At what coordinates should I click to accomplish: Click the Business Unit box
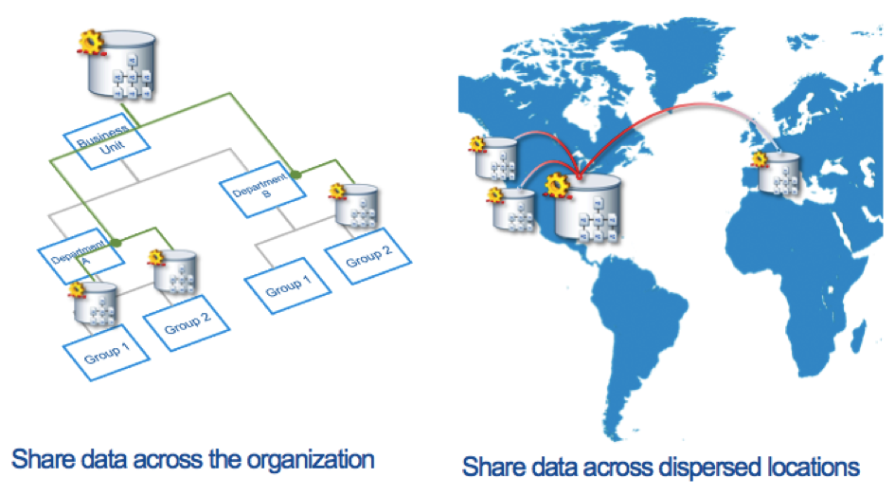click(x=107, y=144)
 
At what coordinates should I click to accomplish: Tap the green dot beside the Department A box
click(x=116, y=243)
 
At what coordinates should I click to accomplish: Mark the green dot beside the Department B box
click(x=296, y=175)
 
